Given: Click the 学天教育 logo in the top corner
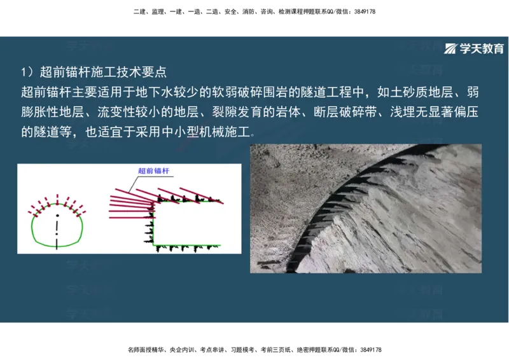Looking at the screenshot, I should (x=474, y=48).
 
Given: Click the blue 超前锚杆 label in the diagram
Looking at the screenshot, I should (x=158, y=171).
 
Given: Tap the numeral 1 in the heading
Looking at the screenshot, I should (x=24, y=71).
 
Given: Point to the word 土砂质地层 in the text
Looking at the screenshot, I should (x=414, y=92).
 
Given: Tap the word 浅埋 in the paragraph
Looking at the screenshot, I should (x=402, y=113).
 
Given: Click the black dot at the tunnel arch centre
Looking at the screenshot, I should (x=57, y=207).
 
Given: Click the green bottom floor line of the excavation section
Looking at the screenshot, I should (x=188, y=245).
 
